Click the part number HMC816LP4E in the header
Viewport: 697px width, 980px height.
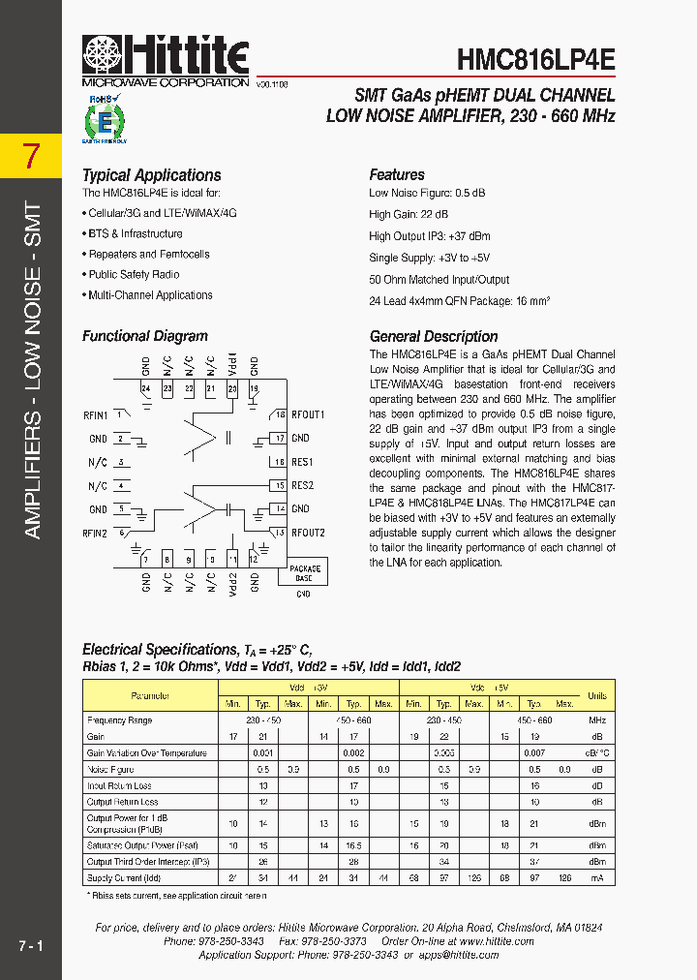tap(535, 59)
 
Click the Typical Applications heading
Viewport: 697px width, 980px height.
tap(151, 175)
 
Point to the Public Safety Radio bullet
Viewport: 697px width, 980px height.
tap(134, 275)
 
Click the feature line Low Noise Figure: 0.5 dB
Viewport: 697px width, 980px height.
tap(427, 193)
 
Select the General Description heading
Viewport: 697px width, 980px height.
tap(434, 337)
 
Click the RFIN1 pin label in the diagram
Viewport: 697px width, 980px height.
tap(95, 415)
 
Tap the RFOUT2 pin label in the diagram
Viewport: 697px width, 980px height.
tap(308, 533)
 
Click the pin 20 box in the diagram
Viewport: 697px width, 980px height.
tap(232, 389)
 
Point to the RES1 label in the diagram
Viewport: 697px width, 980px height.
tap(302, 463)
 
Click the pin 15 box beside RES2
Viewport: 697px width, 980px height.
tap(280, 486)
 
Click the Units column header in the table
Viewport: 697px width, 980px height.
tap(597, 695)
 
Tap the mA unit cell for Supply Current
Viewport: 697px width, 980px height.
tap(597, 877)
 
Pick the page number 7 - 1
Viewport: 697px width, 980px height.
tap(31, 944)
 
